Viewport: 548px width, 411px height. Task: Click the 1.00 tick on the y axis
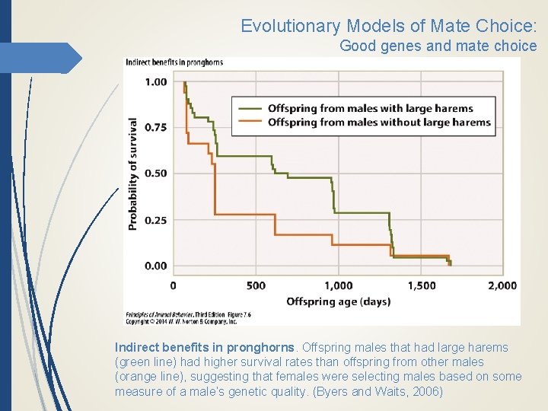point(155,82)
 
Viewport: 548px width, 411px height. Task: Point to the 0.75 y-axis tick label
point(155,127)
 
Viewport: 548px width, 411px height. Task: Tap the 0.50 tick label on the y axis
point(155,174)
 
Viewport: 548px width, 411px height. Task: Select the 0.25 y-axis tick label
point(155,220)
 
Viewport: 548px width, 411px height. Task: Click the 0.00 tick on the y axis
point(155,266)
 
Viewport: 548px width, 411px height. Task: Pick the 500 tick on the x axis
point(256,285)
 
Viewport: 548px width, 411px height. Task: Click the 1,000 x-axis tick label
point(338,285)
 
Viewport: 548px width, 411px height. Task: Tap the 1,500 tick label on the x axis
point(421,285)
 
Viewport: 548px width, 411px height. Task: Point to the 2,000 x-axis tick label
point(502,285)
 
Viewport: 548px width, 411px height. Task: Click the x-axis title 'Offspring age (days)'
point(338,301)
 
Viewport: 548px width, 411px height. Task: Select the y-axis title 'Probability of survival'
point(133,174)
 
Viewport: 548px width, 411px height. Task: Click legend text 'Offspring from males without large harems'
point(379,122)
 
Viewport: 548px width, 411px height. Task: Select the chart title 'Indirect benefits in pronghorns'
point(174,62)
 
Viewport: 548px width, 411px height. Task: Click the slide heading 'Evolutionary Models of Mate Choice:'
point(388,26)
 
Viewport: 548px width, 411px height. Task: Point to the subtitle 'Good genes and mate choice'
point(438,46)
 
